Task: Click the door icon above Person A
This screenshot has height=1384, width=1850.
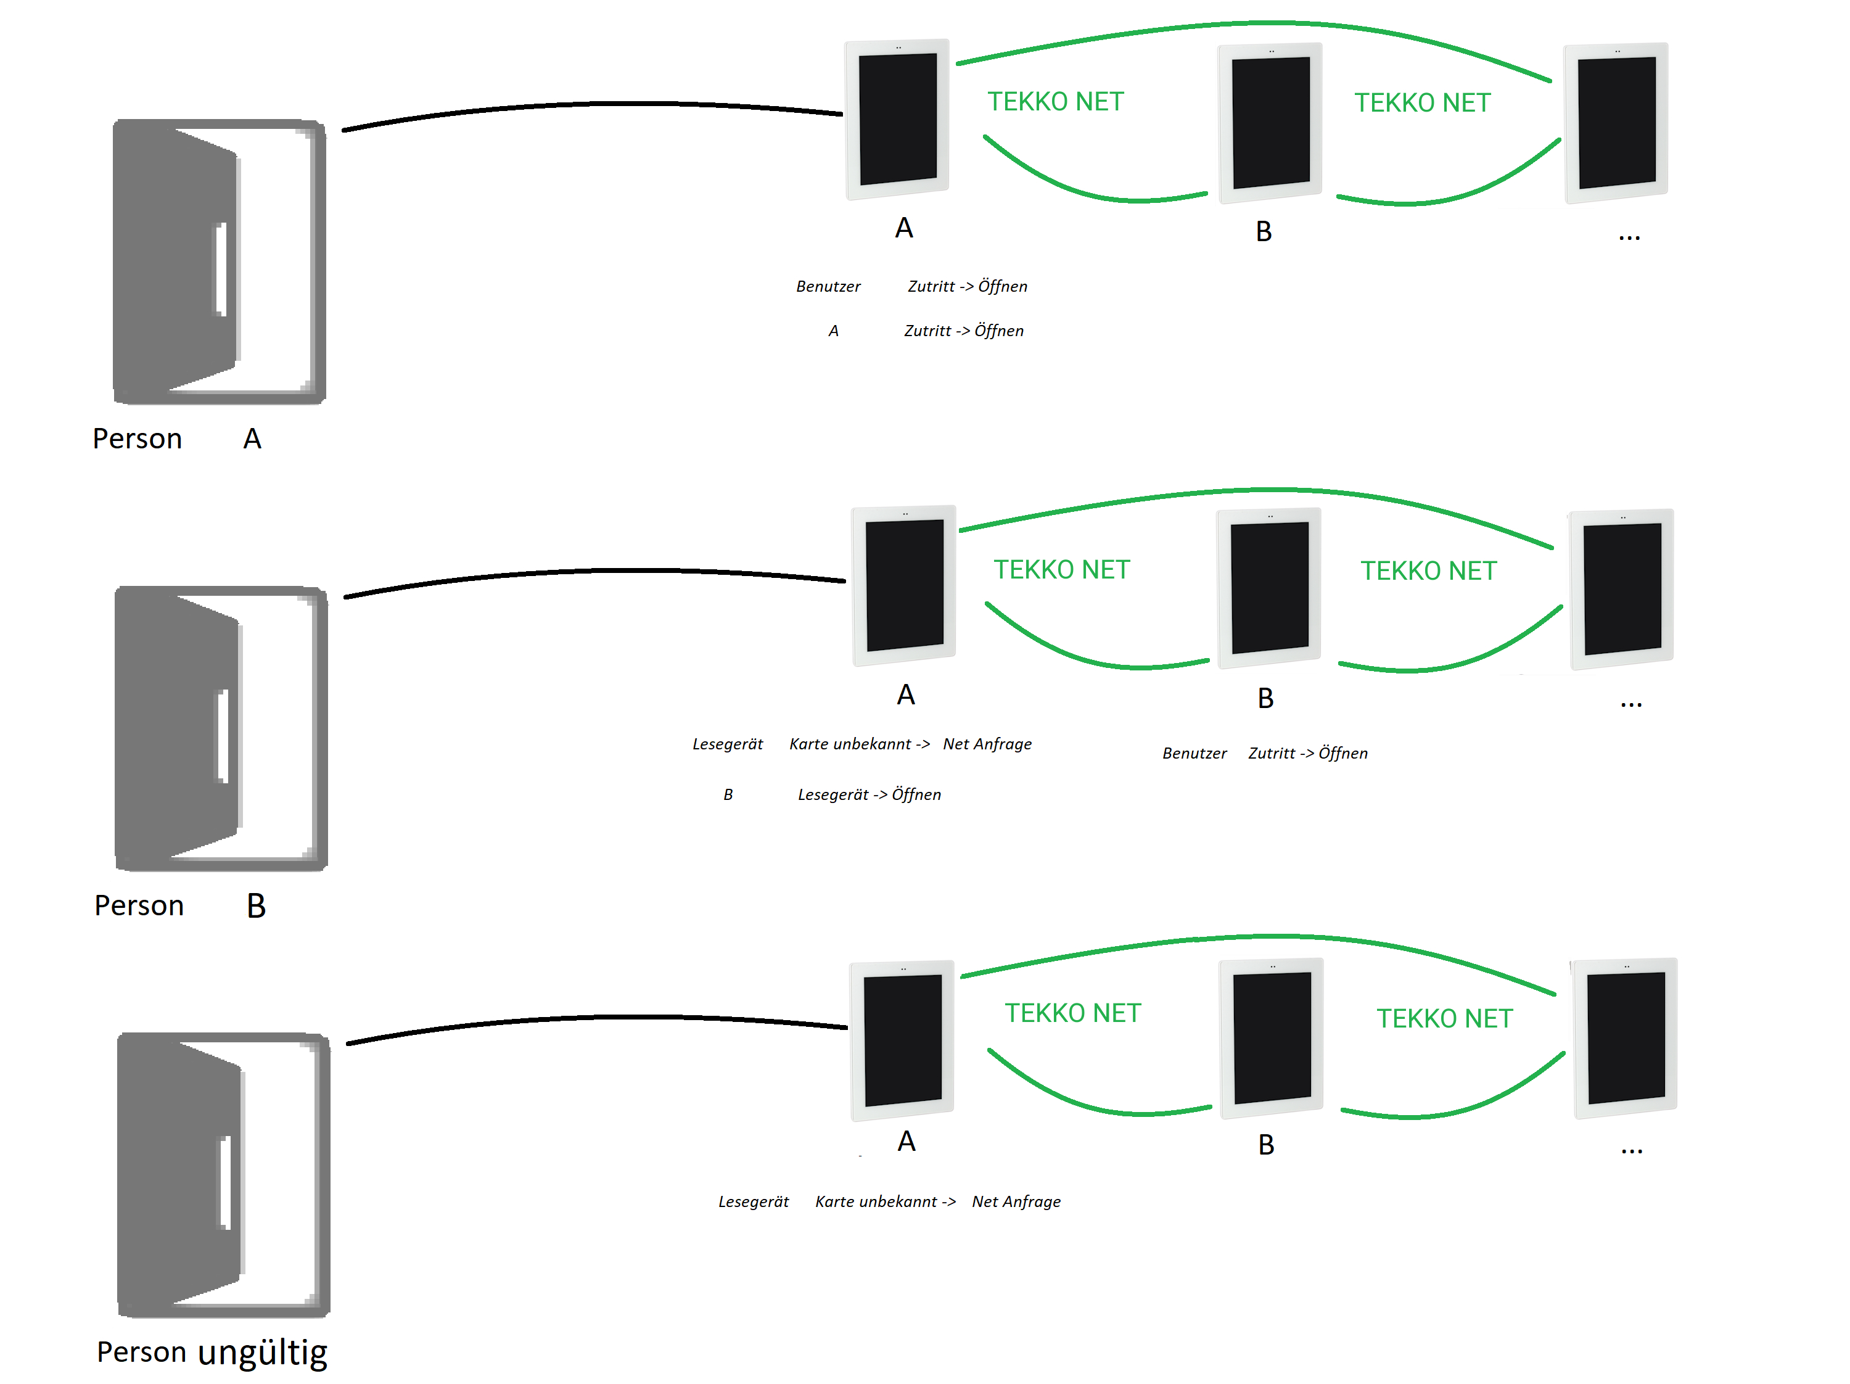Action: point(219,262)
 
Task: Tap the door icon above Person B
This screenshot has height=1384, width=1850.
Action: point(221,728)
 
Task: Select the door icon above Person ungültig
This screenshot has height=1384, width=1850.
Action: point(223,1175)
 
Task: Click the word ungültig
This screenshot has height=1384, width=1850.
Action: point(263,1352)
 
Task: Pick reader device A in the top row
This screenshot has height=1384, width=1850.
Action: point(897,119)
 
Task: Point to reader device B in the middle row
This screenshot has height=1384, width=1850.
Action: point(1268,588)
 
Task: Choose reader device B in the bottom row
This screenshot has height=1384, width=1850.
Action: point(1271,1038)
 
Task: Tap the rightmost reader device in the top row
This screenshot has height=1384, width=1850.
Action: point(1616,122)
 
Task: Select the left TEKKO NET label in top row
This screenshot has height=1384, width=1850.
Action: point(1056,102)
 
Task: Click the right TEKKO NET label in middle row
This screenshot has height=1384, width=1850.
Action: point(1428,571)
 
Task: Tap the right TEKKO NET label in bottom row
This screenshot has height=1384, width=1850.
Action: point(1444,1018)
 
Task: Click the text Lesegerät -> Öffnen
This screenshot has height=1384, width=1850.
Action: point(869,794)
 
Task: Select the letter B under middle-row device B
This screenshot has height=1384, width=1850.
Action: point(1265,698)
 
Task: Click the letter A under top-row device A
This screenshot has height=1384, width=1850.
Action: point(904,228)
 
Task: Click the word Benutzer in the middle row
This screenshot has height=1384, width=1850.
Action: point(1194,754)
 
